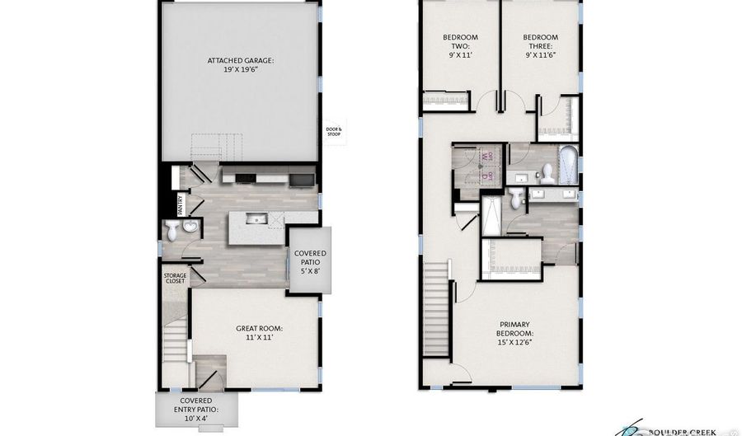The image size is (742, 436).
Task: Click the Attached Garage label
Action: [x=241, y=66]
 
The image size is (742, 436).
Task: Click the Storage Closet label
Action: [x=174, y=278]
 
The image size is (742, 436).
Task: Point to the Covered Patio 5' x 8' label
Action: [x=309, y=260]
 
